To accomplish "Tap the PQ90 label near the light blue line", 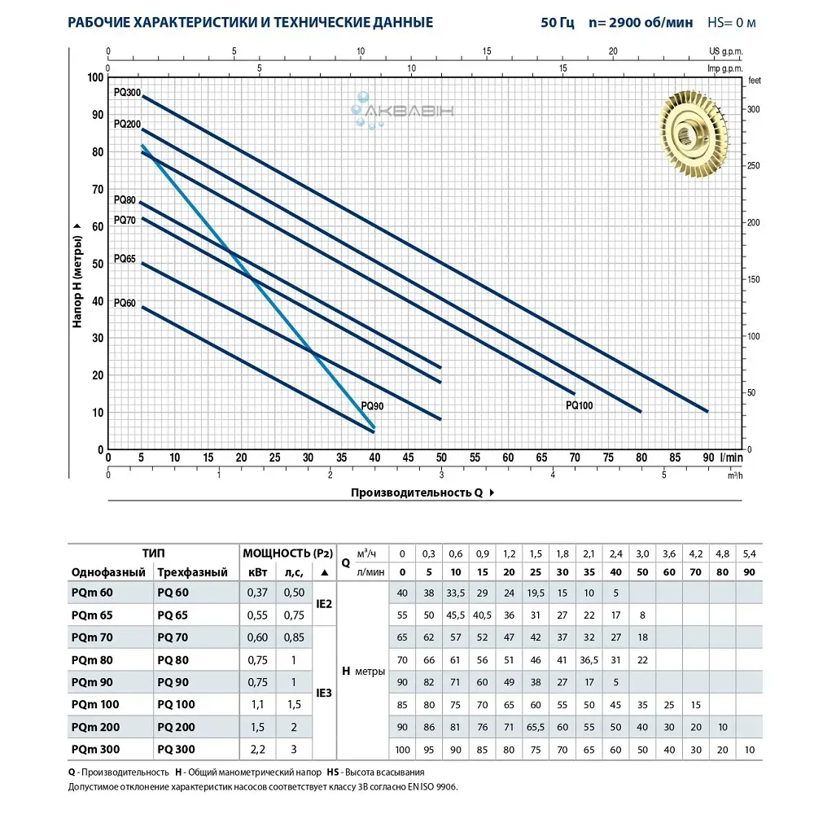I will coord(373,405).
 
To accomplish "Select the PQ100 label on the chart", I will coord(579,405).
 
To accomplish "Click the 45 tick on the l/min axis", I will coord(407,457).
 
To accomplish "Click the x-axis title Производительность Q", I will coord(418,492).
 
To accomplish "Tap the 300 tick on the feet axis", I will coord(753,110).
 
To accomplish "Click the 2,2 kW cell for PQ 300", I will coord(257,749).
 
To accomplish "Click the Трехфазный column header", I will coord(192,572).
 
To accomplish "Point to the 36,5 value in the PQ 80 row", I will coord(589,659).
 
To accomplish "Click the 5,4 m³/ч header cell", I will coord(749,554).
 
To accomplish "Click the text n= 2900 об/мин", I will coord(645,22).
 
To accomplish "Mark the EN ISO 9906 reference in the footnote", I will coord(436,786).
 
